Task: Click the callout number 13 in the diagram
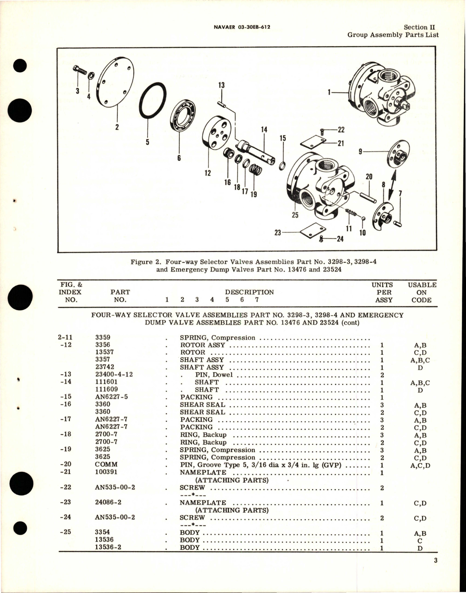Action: tap(221, 85)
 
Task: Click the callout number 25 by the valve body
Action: tap(295, 215)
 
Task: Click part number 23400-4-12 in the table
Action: tap(114, 374)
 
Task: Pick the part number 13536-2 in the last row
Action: tap(108, 547)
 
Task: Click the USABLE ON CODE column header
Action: tap(421, 292)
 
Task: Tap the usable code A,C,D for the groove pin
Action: tap(421, 465)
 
